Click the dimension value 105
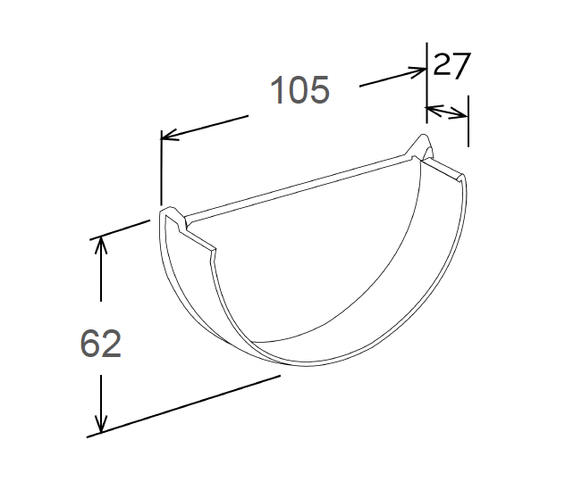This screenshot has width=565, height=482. (300, 90)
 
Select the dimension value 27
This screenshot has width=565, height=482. (451, 67)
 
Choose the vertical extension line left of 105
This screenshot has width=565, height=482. (161, 170)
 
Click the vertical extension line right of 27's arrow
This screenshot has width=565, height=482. (468, 125)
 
